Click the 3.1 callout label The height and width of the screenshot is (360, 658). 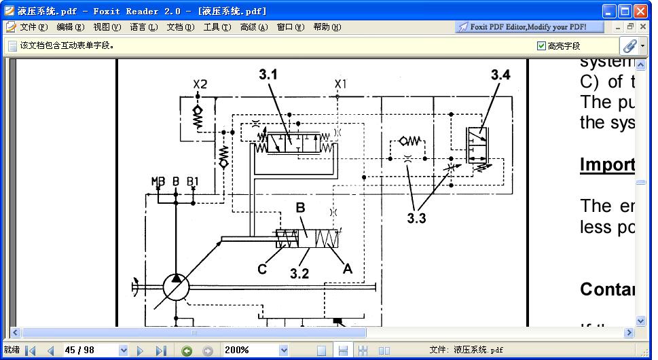coord(268,74)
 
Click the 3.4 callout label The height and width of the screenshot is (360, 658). coord(500,75)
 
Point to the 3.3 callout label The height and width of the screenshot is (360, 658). coord(416,219)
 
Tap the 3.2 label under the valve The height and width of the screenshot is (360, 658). coord(299,274)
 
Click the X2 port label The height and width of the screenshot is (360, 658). coord(200,84)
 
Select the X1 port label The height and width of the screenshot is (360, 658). coord(340,84)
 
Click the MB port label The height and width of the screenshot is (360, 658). coord(158,181)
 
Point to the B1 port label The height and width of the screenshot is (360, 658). coord(193,181)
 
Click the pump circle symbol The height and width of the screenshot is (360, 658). coord(177,288)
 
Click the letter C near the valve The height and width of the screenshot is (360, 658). coord(262,270)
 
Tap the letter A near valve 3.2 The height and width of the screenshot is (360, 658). coord(347,269)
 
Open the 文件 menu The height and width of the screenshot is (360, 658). coord(33,27)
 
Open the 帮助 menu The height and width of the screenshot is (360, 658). coord(327,27)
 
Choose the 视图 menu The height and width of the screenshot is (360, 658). coord(107,27)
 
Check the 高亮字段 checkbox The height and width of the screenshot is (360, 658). coord(541,46)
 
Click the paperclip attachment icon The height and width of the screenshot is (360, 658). coord(629,46)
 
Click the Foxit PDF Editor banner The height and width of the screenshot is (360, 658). coord(522,27)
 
